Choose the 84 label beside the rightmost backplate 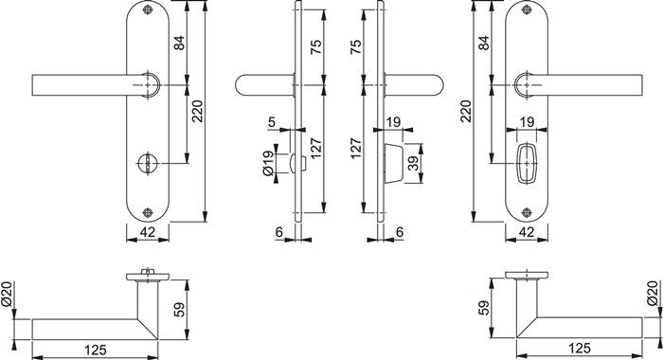(484, 43)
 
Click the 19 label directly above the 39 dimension (394, 121)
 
